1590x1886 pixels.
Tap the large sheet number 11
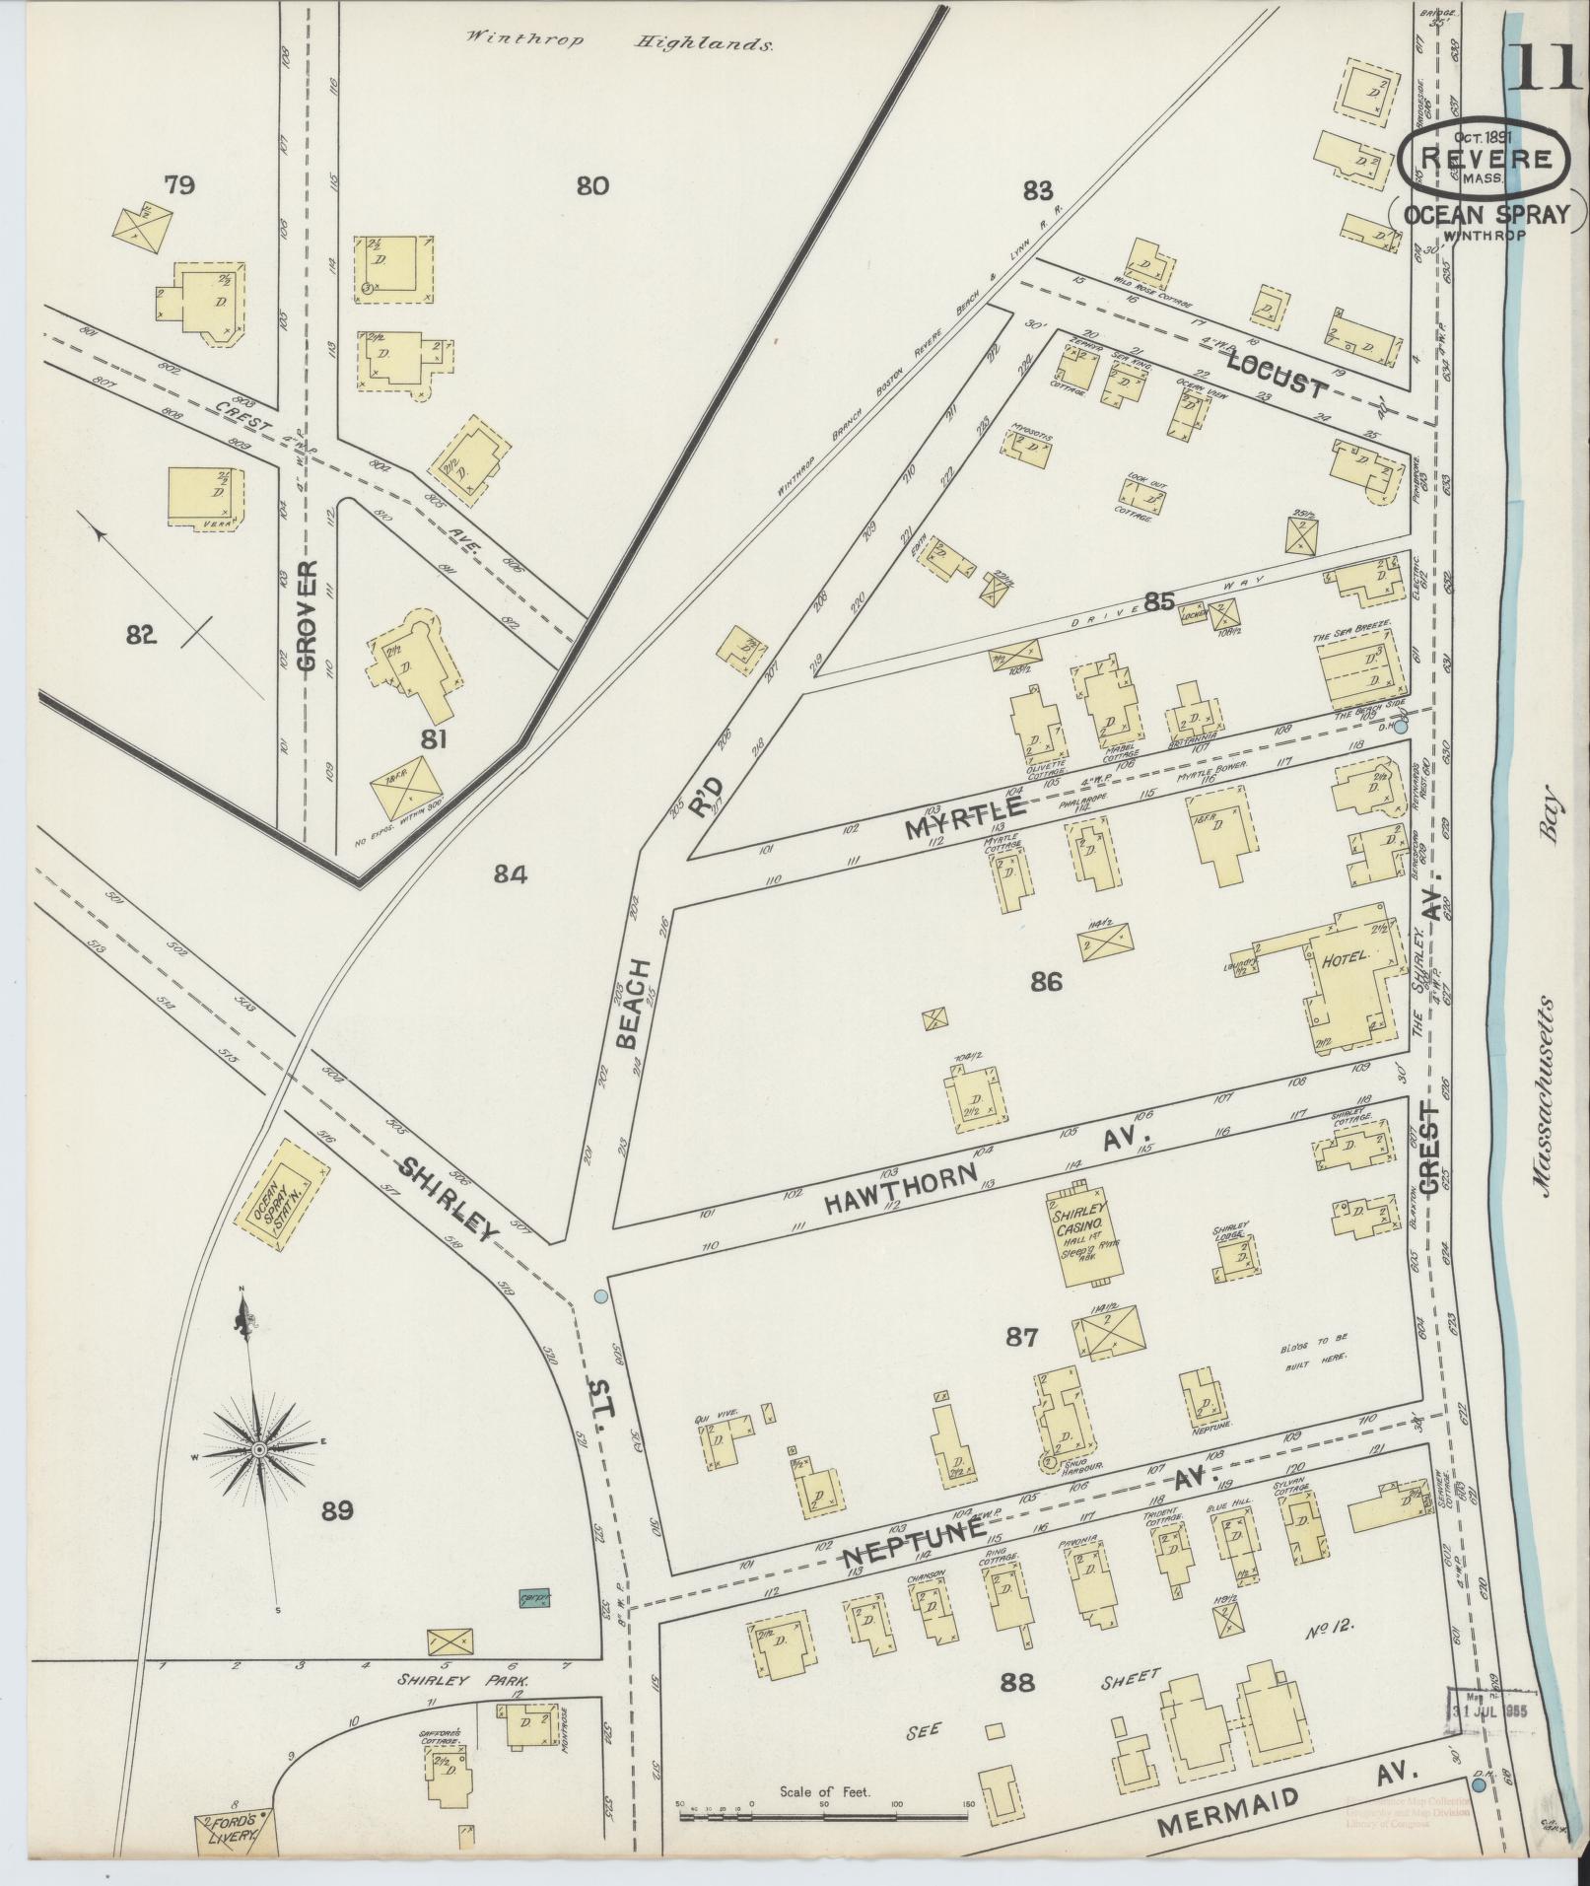pos(1540,67)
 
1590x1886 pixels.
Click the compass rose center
pos(258,1448)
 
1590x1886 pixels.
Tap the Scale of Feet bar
pos(824,1812)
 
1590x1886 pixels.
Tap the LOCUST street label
pos(1278,375)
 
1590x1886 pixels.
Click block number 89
pos(336,1510)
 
